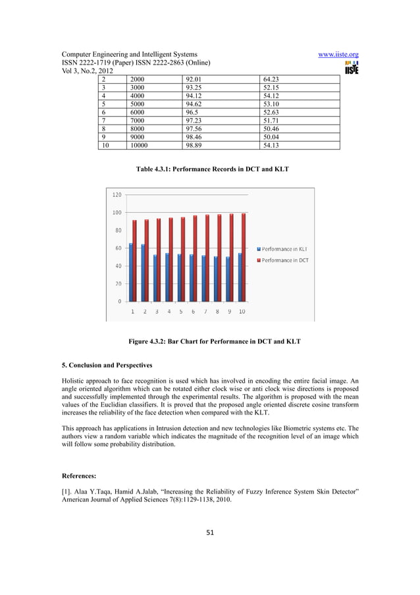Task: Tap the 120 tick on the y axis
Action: pyautogui.click(x=115, y=195)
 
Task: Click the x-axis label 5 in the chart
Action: pyautogui.click(x=181, y=311)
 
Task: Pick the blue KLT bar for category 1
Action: pyautogui.click(x=130, y=272)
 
